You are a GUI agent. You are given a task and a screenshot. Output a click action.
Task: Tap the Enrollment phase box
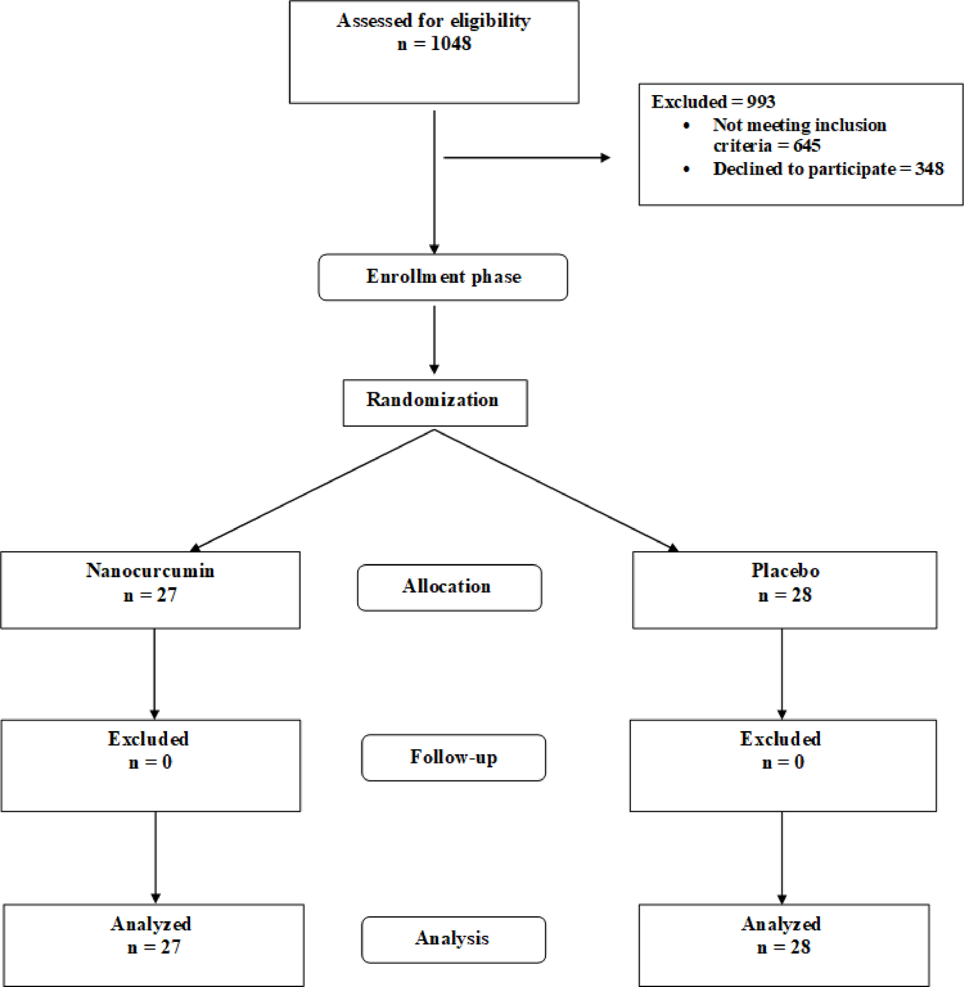click(443, 277)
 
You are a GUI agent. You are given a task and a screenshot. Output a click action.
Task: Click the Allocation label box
click(449, 587)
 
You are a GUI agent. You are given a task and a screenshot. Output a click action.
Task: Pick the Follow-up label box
click(453, 757)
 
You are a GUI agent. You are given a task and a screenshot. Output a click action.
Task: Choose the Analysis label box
click(453, 939)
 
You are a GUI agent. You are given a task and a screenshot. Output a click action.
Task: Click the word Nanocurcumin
click(150, 570)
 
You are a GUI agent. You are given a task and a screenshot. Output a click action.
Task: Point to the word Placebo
click(785, 570)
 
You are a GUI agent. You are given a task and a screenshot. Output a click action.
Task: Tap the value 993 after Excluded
click(760, 102)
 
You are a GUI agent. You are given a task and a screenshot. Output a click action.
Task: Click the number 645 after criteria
click(807, 146)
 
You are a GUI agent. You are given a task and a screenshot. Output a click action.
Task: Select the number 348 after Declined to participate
click(929, 169)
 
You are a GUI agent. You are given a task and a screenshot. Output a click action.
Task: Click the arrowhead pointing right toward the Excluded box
click(605, 158)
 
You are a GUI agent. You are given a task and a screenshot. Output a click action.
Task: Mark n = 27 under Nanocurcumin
click(150, 595)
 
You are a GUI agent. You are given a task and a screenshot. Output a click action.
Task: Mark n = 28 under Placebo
click(785, 595)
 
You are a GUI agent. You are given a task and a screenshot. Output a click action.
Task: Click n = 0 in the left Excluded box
click(150, 762)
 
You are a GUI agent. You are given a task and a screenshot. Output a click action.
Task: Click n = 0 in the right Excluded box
click(783, 762)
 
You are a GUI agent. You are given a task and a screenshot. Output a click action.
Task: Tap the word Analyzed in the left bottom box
click(151, 924)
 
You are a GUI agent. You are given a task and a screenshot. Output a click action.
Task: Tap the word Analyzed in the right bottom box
click(781, 924)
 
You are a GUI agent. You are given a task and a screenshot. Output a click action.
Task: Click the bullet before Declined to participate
click(687, 169)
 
